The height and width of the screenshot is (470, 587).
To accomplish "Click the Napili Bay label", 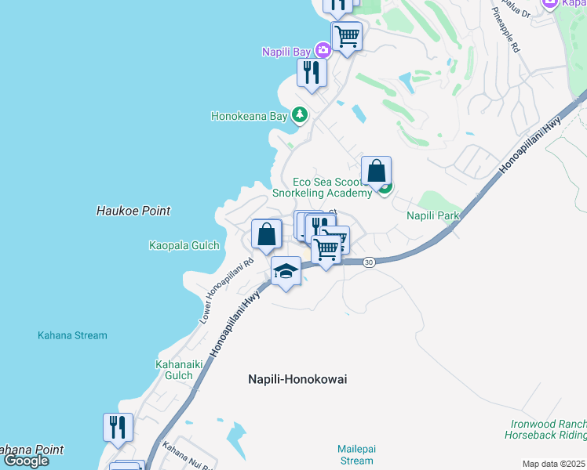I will click(x=286, y=52).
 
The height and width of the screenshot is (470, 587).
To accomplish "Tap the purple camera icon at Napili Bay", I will click(x=323, y=51).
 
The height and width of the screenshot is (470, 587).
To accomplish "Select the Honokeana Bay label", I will click(x=250, y=116).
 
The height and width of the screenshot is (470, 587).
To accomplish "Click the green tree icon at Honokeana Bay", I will click(x=299, y=115).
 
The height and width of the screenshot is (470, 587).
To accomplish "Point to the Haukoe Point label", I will click(x=133, y=211).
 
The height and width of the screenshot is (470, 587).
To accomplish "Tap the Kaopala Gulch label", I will click(x=183, y=245).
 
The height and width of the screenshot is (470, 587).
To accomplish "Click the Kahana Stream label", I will click(x=72, y=335).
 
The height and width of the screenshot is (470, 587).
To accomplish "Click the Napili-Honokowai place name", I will click(x=297, y=379).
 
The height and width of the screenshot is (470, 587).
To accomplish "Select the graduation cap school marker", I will click(x=286, y=272).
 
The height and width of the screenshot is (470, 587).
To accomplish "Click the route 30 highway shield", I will click(x=368, y=262).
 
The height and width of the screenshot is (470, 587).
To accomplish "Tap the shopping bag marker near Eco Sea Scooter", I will click(x=377, y=170).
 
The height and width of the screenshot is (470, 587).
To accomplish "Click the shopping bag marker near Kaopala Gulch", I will click(x=267, y=233).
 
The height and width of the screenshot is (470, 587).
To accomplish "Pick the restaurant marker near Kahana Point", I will click(x=118, y=428).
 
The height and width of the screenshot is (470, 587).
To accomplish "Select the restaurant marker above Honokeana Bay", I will click(x=312, y=73).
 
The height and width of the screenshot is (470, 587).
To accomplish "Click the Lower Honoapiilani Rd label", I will click(x=226, y=291).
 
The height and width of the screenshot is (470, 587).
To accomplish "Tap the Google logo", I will click(x=26, y=461).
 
